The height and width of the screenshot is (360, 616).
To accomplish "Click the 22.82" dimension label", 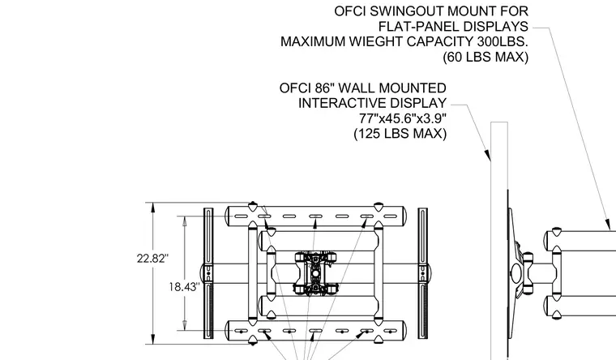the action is click(152, 259).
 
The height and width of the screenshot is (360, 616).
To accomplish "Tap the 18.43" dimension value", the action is click(184, 287).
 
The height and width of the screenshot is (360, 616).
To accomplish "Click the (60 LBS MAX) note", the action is click(486, 58).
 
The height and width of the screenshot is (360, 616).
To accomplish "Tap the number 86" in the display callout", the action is click(323, 88).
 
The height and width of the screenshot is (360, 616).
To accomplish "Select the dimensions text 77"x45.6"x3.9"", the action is click(403, 118).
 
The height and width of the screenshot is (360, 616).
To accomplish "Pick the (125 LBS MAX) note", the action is click(400, 134).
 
